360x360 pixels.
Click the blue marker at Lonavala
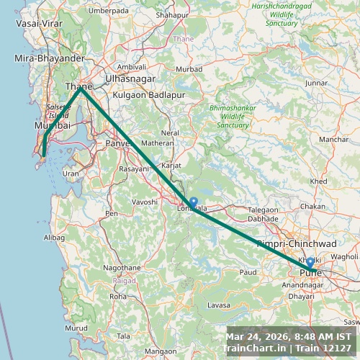tap(193, 202)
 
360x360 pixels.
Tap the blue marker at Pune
tap(310, 261)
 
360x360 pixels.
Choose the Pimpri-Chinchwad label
tap(296, 244)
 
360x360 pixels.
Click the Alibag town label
tap(54, 237)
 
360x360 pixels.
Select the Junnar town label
tap(316, 84)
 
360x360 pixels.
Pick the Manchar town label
tap(333, 139)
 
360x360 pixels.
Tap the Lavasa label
tap(218, 305)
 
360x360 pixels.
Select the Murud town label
tap(76, 328)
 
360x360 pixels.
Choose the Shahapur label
tap(172, 14)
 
